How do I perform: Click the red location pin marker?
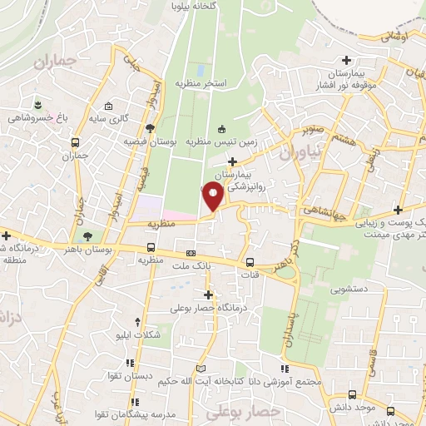(213, 196)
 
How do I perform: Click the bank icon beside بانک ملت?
(191, 252)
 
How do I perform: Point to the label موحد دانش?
(359, 408)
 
